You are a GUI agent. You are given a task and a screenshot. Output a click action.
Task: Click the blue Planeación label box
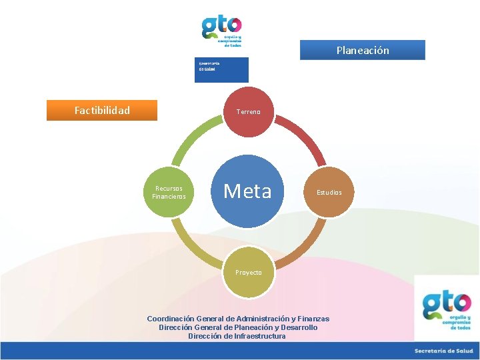(362, 50)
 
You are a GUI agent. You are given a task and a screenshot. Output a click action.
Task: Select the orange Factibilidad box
(102, 110)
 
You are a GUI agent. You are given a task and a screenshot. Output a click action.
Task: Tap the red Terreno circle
(248, 112)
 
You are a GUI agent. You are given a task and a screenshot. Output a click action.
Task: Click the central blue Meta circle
(248, 192)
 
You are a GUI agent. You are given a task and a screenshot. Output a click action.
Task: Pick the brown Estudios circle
(329, 192)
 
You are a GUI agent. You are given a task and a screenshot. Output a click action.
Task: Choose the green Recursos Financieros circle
(169, 192)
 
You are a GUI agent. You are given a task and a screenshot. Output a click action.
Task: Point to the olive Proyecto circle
(248, 272)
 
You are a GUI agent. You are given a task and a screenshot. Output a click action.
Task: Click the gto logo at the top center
(222, 30)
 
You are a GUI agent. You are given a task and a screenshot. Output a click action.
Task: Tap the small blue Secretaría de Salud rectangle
(221, 70)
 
